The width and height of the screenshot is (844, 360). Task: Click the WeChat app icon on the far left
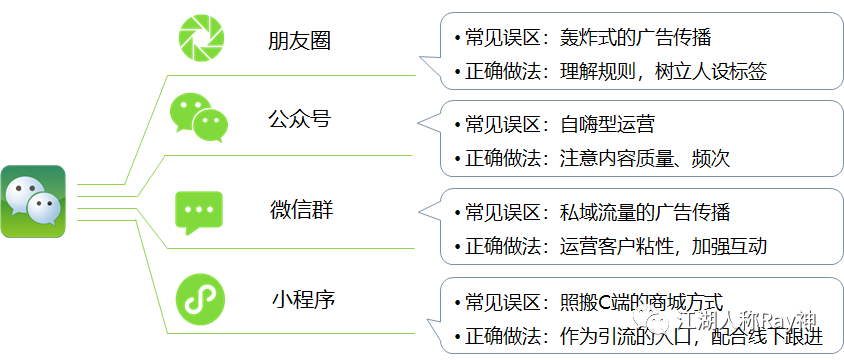(33, 202)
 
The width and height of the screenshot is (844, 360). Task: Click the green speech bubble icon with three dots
(198, 211)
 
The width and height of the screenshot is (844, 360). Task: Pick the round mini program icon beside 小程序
(200, 298)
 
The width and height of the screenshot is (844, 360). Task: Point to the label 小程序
(301, 298)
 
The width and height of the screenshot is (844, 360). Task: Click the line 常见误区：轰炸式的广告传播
(588, 39)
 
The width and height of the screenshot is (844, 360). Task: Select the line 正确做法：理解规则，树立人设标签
(616, 71)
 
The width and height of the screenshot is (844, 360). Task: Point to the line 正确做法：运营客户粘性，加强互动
(616, 245)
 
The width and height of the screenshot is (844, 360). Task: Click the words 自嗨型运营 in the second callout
(607, 125)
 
